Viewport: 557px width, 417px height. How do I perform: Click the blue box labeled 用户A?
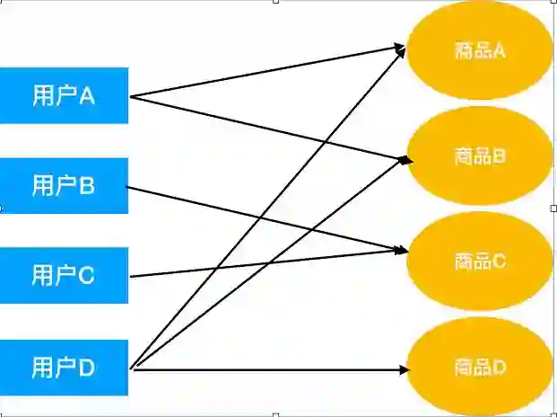[x=64, y=95]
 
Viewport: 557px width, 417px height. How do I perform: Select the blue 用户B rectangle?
[x=64, y=186]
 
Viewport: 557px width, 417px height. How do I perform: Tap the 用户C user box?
[x=64, y=276]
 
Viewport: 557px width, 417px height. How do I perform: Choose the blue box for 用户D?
[x=64, y=368]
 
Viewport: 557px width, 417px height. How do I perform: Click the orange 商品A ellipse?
[x=479, y=50]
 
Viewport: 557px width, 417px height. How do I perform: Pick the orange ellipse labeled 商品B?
[x=479, y=156]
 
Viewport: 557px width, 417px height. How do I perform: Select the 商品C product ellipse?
[x=479, y=262]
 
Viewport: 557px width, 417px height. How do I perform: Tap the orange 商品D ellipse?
[x=479, y=368]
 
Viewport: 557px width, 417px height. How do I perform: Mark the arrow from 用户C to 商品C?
[x=224, y=267]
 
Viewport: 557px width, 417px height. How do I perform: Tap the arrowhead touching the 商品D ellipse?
[x=405, y=368]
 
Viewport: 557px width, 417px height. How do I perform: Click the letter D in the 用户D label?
[x=87, y=368]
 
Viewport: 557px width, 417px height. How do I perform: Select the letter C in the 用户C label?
[x=87, y=276]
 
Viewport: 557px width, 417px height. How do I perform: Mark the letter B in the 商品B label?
[x=500, y=156]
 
